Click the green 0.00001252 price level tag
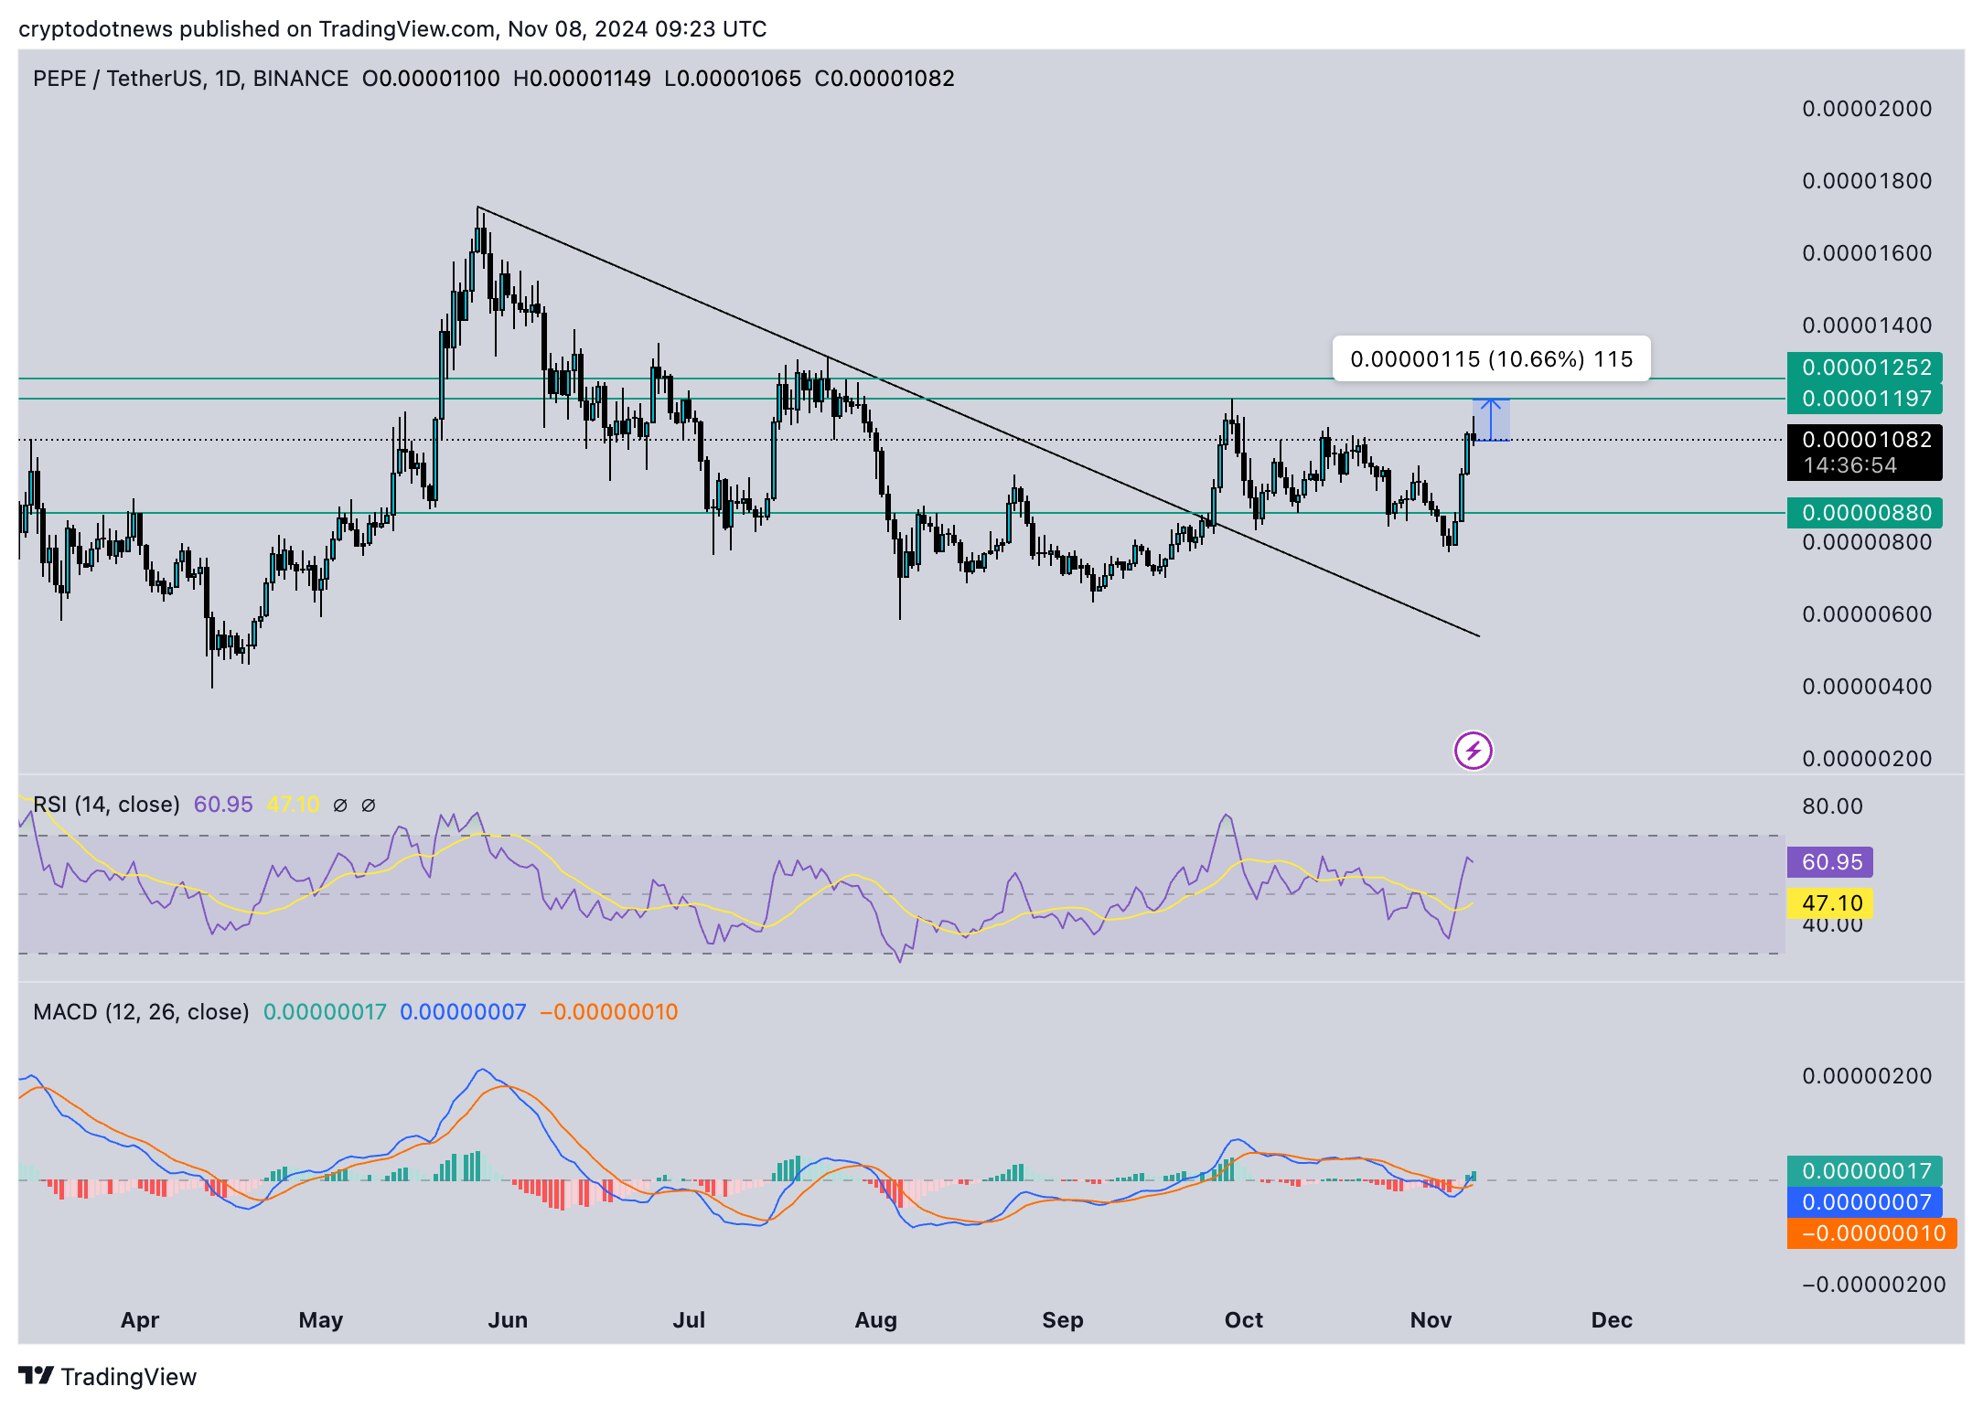coord(1864,368)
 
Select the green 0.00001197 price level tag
coord(1864,399)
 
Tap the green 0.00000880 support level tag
coord(1864,513)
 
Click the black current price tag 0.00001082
coord(1864,452)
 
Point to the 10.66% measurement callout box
coord(1491,359)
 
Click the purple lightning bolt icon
coord(1473,752)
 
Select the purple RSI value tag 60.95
coord(1830,862)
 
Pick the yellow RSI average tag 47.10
coord(1830,903)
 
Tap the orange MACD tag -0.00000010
coord(1871,1233)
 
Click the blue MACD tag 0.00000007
coord(1864,1202)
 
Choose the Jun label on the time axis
coord(508,1320)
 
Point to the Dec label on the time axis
coord(1611,1320)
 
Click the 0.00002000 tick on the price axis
coord(1866,109)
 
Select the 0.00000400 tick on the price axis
coord(1866,687)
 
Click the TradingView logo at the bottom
coord(108,1377)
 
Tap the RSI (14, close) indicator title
coord(106,805)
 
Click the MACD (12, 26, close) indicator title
coord(141,1012)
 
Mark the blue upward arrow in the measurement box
coord(1491,419)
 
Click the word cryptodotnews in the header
coord(95,29)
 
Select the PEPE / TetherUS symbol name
coord(117,79)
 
